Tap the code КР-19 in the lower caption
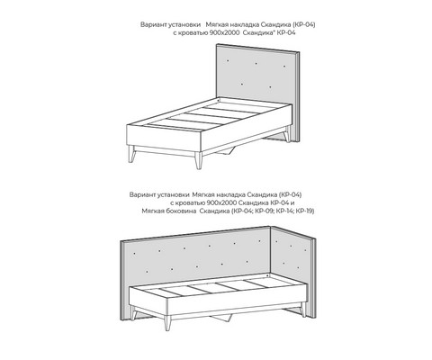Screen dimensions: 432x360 pyautogui.click(x=304, y=211)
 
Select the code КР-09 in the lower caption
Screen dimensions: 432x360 pyautogui.click(x=264, y=211)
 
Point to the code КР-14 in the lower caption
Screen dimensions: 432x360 pyautogui.click(x=284, y=211)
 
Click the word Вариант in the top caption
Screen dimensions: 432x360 pyautogui.click(x=152, y=24)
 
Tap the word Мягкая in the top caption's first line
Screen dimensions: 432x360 pyautogui.click(x=216, y=24)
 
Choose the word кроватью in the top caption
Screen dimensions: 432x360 pyautogui.click(x=191, y=33)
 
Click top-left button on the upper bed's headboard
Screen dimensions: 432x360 pyautogui.click(x=228, y=61)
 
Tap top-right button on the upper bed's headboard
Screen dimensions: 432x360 pyautogui.click(x=284, y=66)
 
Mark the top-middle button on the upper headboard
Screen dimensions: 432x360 pyautogui.click(x=256, y=63)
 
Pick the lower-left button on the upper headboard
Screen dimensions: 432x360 pyautogui.click(x=242, y=85)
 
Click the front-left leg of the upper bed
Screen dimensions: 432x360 pyautogui.click(x=131, y=154)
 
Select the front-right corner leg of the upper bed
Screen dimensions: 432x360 pyautogui.click(x=198, y=161)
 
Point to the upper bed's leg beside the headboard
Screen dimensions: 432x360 pyautogui.click(x=287, y=134)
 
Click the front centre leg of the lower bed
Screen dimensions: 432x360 pyautogui.click(x=167, y=322)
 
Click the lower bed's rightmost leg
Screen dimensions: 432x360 pyautogui.click(x=302, y=310)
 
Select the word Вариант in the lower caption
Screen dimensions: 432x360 pyautogui.click(x=140, y=194)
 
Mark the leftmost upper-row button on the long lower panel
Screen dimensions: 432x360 pyautogui.click(x=134, y=254)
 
